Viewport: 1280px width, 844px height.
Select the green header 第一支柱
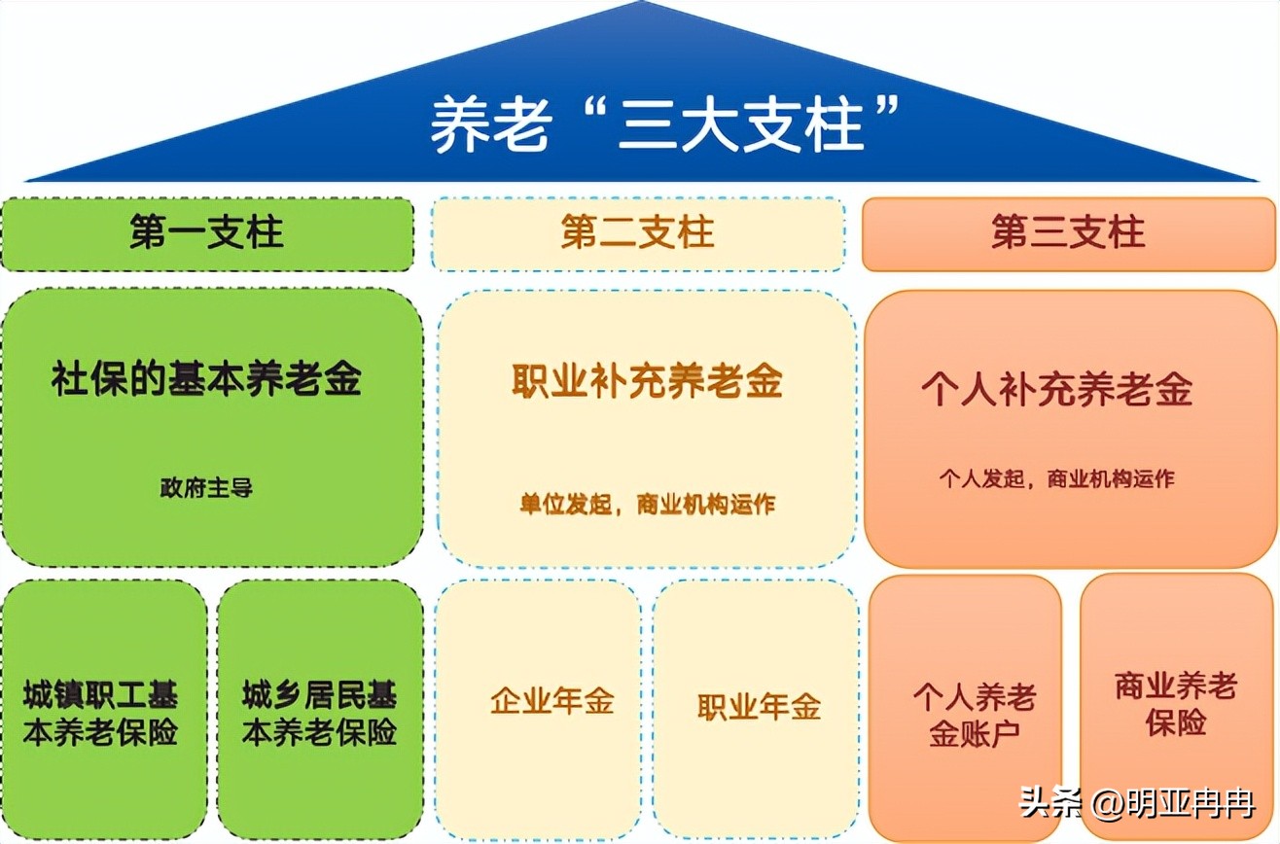click(206, 234)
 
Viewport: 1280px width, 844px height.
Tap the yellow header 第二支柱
click(638, 234)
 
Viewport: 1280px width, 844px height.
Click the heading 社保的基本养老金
click(206, 378)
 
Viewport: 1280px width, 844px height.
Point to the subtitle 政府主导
click(206, 488)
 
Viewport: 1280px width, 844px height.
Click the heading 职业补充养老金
click(647, 381)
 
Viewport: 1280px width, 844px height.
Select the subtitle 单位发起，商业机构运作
click(647, 505)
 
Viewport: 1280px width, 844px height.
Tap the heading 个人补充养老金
click(1056, 390)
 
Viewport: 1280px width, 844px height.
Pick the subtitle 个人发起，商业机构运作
click(1056, 478)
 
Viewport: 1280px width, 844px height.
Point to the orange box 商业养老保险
click(1176, 704)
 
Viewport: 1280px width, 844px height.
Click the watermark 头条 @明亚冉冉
click(1137, 804)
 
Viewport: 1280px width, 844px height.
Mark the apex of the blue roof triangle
click(642, 3)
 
